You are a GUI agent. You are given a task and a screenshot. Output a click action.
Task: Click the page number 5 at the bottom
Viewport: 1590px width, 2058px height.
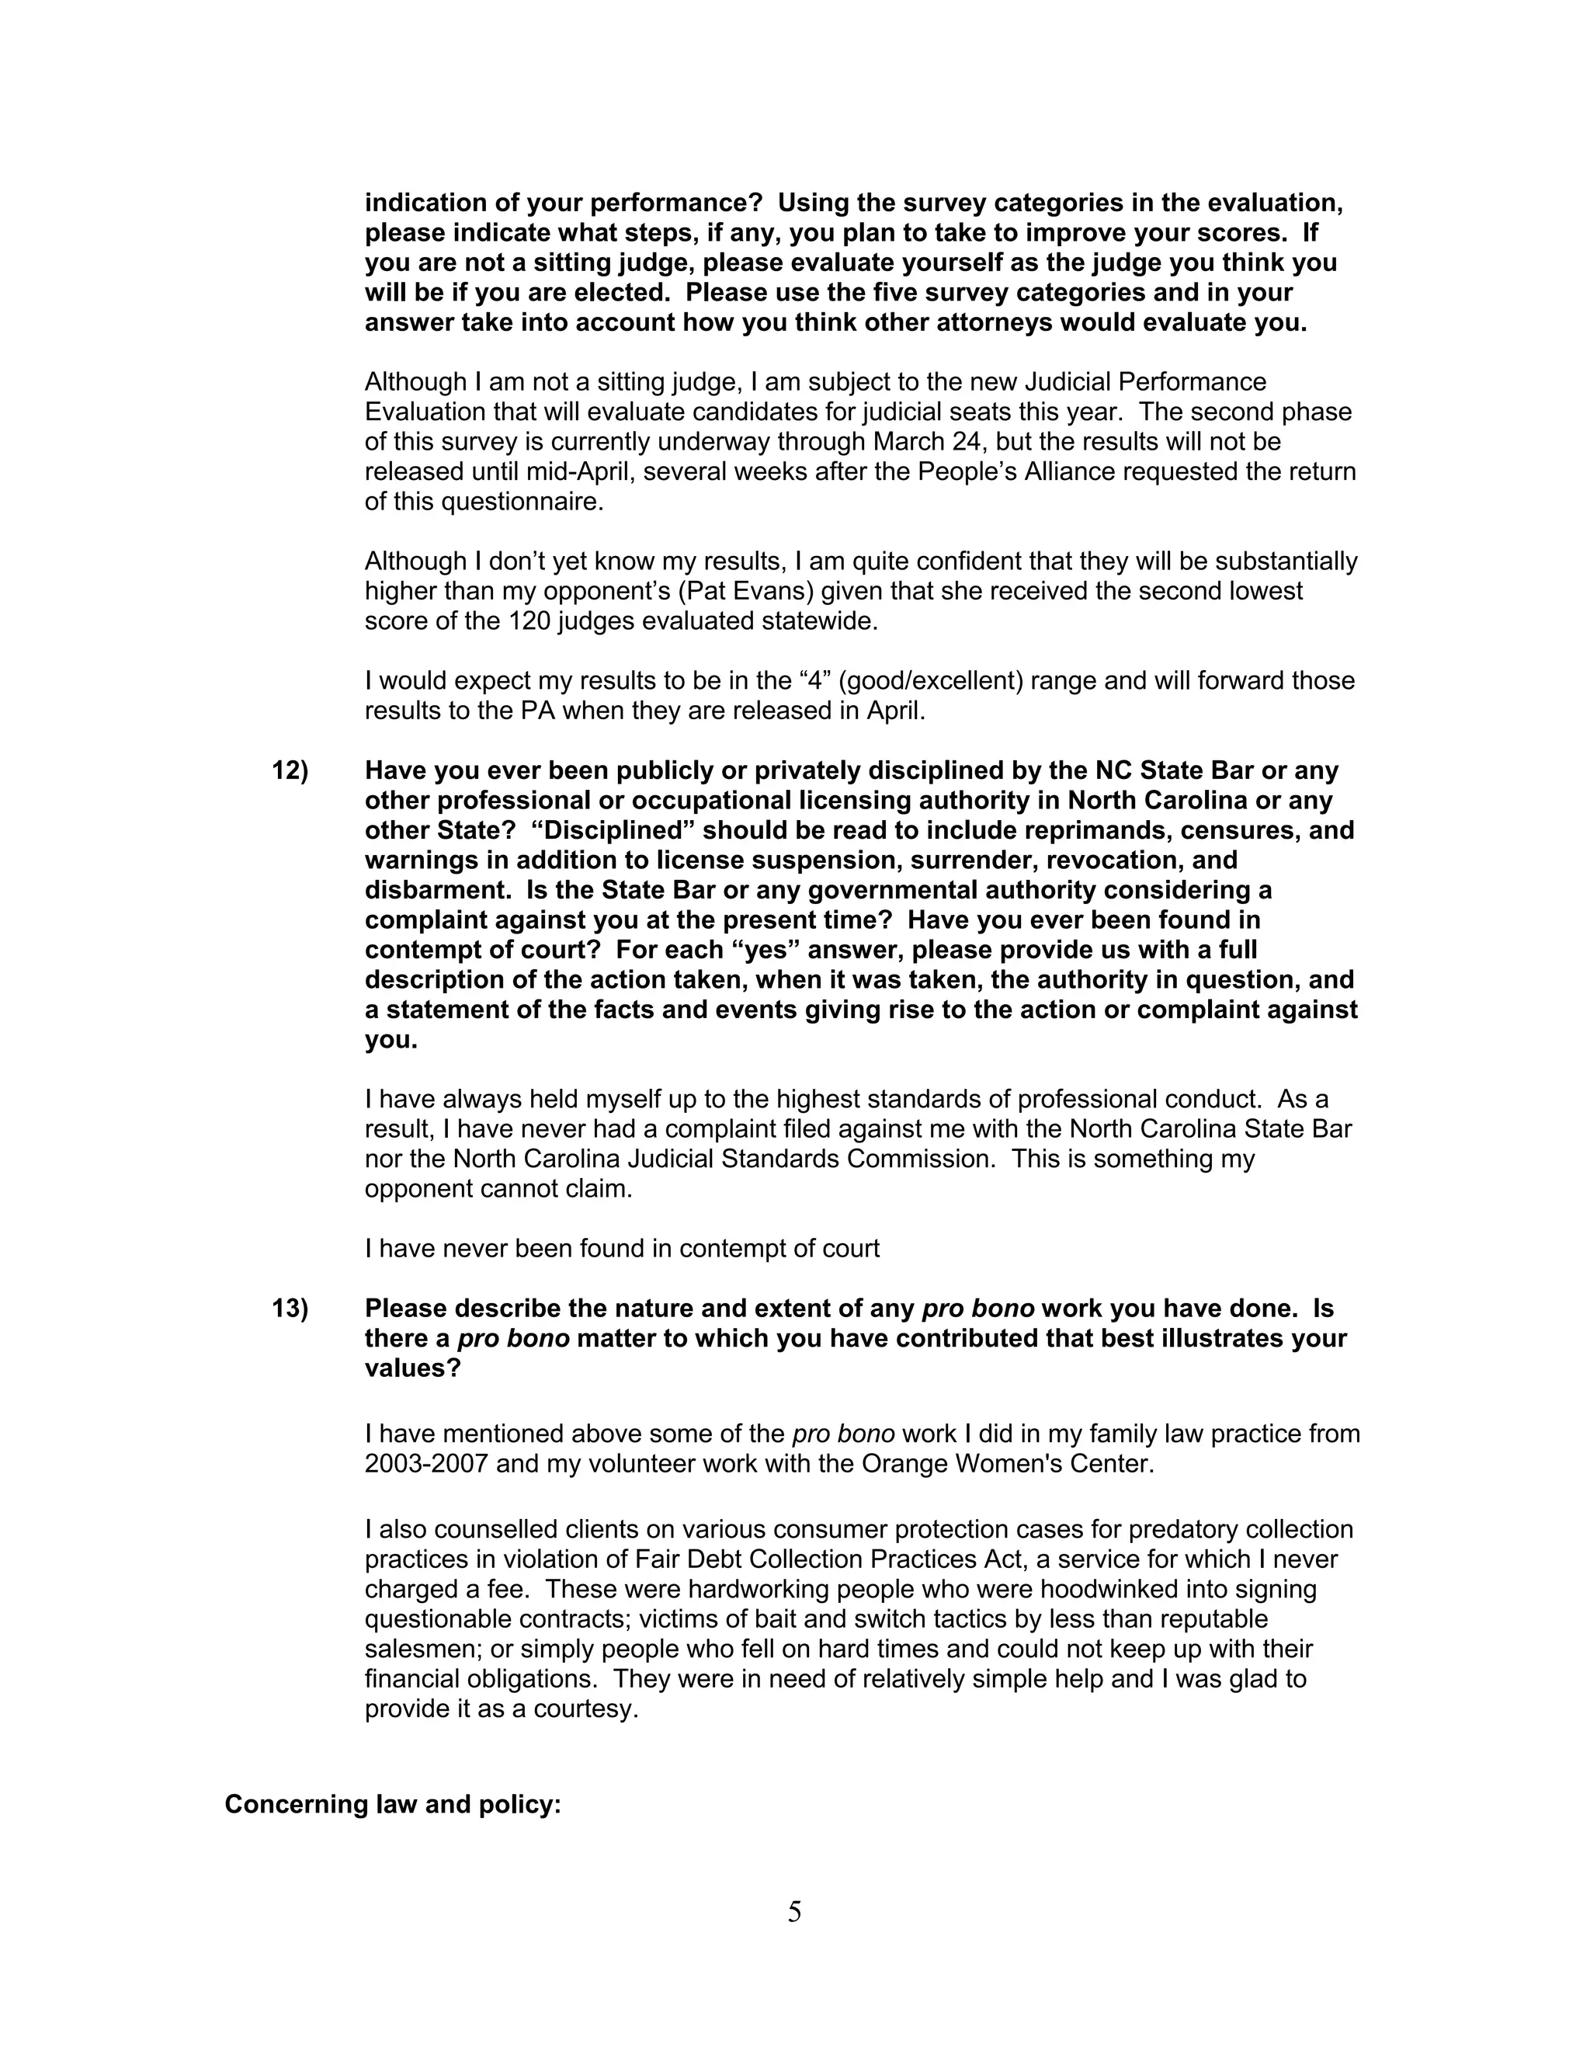pos(794,1912)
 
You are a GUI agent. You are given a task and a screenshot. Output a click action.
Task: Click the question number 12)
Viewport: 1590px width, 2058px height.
pos(290,771)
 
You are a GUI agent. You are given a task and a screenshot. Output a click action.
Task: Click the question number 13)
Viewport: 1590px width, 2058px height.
pos(290,1309)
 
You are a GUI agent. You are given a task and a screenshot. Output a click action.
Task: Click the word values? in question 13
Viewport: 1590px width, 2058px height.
pos(412,1369)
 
